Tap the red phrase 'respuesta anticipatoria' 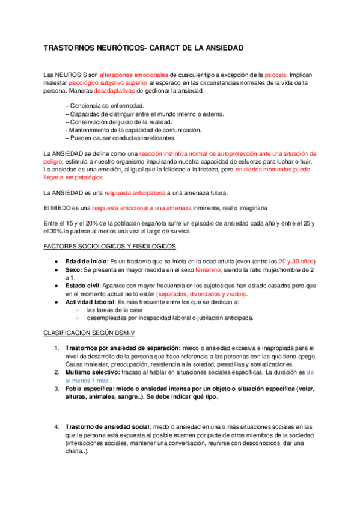pos(135,192)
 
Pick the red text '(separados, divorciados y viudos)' pos(202,294)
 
